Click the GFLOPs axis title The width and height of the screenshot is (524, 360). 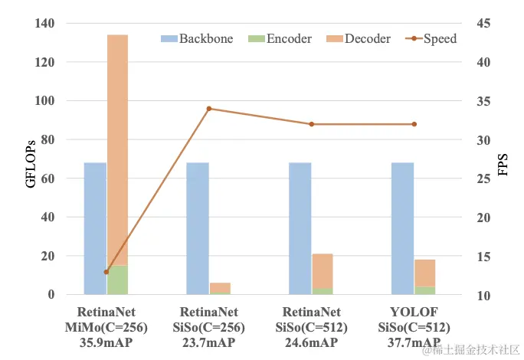(30, 159)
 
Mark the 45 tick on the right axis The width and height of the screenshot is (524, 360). (484, 23)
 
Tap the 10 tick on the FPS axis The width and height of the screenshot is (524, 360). (484, 296)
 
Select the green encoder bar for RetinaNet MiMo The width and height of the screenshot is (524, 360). (117, 280)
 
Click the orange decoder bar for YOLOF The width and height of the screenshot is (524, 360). (425, 273)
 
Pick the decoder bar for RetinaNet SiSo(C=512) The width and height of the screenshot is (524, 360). (323, 271)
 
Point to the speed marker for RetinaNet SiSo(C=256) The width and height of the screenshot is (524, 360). (209, 109)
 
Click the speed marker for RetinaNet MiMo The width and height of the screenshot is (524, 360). (106, 272)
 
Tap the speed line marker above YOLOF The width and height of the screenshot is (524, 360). (414, 124)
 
